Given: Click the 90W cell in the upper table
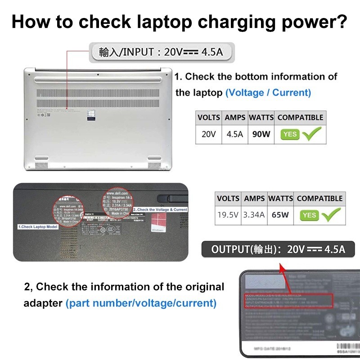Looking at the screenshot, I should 261,134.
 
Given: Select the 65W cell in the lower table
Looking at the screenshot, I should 280,215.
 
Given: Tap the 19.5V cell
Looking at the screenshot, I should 228,215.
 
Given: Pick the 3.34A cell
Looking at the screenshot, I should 254,215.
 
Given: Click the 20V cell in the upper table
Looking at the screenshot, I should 208,134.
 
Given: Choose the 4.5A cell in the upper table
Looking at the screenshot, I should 234,134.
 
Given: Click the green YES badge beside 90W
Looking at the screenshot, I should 290,134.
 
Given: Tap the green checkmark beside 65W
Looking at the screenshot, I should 331,215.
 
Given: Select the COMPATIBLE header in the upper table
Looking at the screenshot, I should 300,117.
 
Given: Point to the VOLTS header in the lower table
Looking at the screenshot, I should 228,198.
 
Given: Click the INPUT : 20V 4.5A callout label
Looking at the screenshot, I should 161,52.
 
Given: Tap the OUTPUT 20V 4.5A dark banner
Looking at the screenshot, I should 278,249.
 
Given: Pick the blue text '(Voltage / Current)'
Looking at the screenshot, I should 268,93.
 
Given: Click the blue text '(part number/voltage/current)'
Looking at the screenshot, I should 141,303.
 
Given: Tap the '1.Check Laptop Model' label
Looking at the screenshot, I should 38,227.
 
